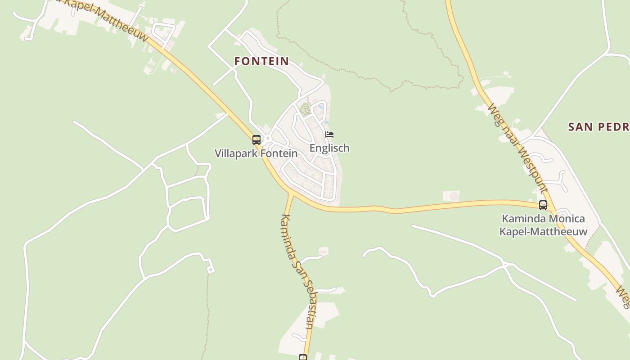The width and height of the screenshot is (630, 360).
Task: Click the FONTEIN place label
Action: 261,61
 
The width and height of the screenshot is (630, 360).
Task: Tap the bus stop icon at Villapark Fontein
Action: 256,140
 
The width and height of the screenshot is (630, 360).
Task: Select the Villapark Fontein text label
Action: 256,153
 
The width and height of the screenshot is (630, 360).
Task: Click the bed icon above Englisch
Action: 329,135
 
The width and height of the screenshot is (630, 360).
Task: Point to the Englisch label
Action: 329,148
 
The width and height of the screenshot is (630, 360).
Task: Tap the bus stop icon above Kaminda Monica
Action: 543,205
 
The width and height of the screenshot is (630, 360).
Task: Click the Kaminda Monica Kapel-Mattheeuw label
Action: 543,225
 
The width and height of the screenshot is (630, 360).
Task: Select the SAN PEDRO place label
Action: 598,127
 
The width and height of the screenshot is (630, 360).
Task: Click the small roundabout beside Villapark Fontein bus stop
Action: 267,138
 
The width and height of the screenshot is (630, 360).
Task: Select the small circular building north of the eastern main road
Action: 454,196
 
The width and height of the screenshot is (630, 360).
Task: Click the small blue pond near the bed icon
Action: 327,122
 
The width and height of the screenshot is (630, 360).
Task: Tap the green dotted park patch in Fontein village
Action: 306,108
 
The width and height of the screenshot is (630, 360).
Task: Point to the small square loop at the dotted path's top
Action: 210,269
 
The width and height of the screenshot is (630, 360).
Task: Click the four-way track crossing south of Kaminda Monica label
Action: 506,264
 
